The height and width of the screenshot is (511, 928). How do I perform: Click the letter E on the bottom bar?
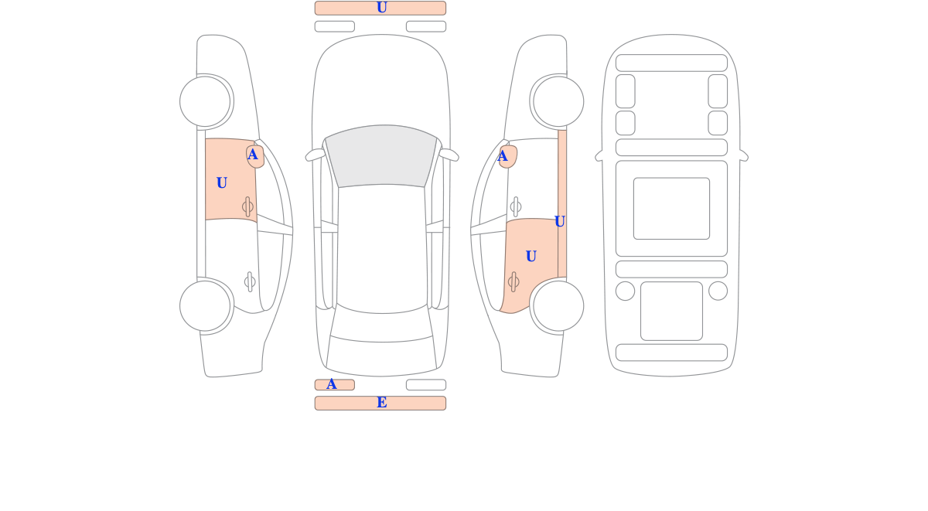click(381, 403)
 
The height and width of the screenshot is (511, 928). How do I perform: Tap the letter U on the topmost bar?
click(381, 8)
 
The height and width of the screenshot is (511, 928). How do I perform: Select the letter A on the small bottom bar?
click(332, 384)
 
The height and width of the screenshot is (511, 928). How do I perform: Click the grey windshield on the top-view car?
click(381, 155)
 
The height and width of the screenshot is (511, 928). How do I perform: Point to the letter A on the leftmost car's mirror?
click(252, 155)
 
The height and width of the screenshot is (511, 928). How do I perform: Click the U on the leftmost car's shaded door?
click(222, 182)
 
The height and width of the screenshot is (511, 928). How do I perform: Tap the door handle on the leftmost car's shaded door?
click(247, 206)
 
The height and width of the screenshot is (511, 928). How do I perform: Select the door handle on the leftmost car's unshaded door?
click(250, 282)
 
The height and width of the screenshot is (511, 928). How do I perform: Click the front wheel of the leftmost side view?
click(205, 101)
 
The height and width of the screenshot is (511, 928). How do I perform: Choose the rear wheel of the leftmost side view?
click(205, 306)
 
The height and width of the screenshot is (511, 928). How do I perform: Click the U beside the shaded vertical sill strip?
click(559, 222)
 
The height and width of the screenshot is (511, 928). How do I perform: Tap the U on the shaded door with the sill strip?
click(531, 257)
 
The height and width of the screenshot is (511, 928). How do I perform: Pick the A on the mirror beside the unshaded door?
click(502, 156)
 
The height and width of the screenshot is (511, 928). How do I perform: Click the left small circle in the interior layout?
click(625, 291)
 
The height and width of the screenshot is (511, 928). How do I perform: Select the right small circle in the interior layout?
click(718, 291)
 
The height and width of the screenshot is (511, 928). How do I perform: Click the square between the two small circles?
click(671, 311)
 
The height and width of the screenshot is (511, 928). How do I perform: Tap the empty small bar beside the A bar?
click(426, 385)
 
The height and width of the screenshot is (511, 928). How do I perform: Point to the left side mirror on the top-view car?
click(315, 155)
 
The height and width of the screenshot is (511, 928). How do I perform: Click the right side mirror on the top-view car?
click(449, 155)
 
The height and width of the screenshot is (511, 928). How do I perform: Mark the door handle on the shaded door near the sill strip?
click(513, 282)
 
